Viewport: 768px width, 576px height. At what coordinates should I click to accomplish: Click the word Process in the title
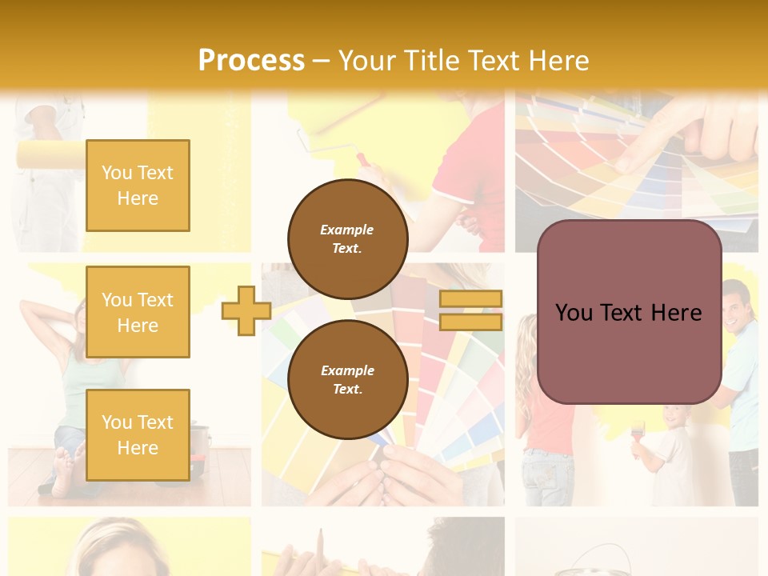(x=251, y=60)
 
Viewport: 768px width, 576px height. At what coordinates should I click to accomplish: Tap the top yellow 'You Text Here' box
(x=138, y=186)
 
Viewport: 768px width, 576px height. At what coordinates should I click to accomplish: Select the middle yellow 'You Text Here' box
(x=138, y=312)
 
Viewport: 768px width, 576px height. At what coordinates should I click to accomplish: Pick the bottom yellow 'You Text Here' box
(x=138, y=434)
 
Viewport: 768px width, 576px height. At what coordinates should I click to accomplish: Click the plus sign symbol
(x=246, y=310)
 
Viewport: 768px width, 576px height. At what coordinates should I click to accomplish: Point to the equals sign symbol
(x=470, y=310)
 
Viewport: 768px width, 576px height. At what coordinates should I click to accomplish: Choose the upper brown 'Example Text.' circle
(x=347, y=238)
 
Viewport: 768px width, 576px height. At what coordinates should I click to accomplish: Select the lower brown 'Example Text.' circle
(x=347, y=379)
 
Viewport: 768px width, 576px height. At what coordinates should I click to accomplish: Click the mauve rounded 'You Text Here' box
(x=629, y=312)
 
